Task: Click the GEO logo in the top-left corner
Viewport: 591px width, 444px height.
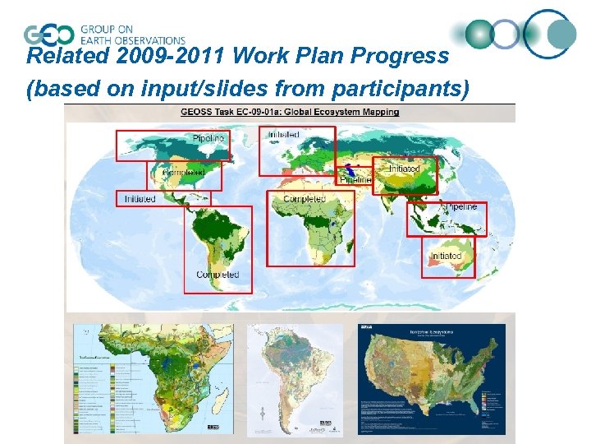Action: tap(49, 35)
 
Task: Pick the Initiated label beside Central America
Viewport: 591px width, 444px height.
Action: tap(140, 199)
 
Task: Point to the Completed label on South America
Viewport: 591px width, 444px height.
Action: tap(218, 275)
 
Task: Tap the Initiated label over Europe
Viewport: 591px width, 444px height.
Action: tap(282, 135)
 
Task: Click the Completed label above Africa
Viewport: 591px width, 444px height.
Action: tap(305, 199)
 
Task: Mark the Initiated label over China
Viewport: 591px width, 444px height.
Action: tap(404, 169)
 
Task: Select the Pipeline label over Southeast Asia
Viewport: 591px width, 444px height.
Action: tap(460, 207)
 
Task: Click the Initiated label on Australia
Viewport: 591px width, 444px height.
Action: tap(447, 256)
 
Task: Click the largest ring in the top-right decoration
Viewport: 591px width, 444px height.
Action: tap(550, 33)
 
